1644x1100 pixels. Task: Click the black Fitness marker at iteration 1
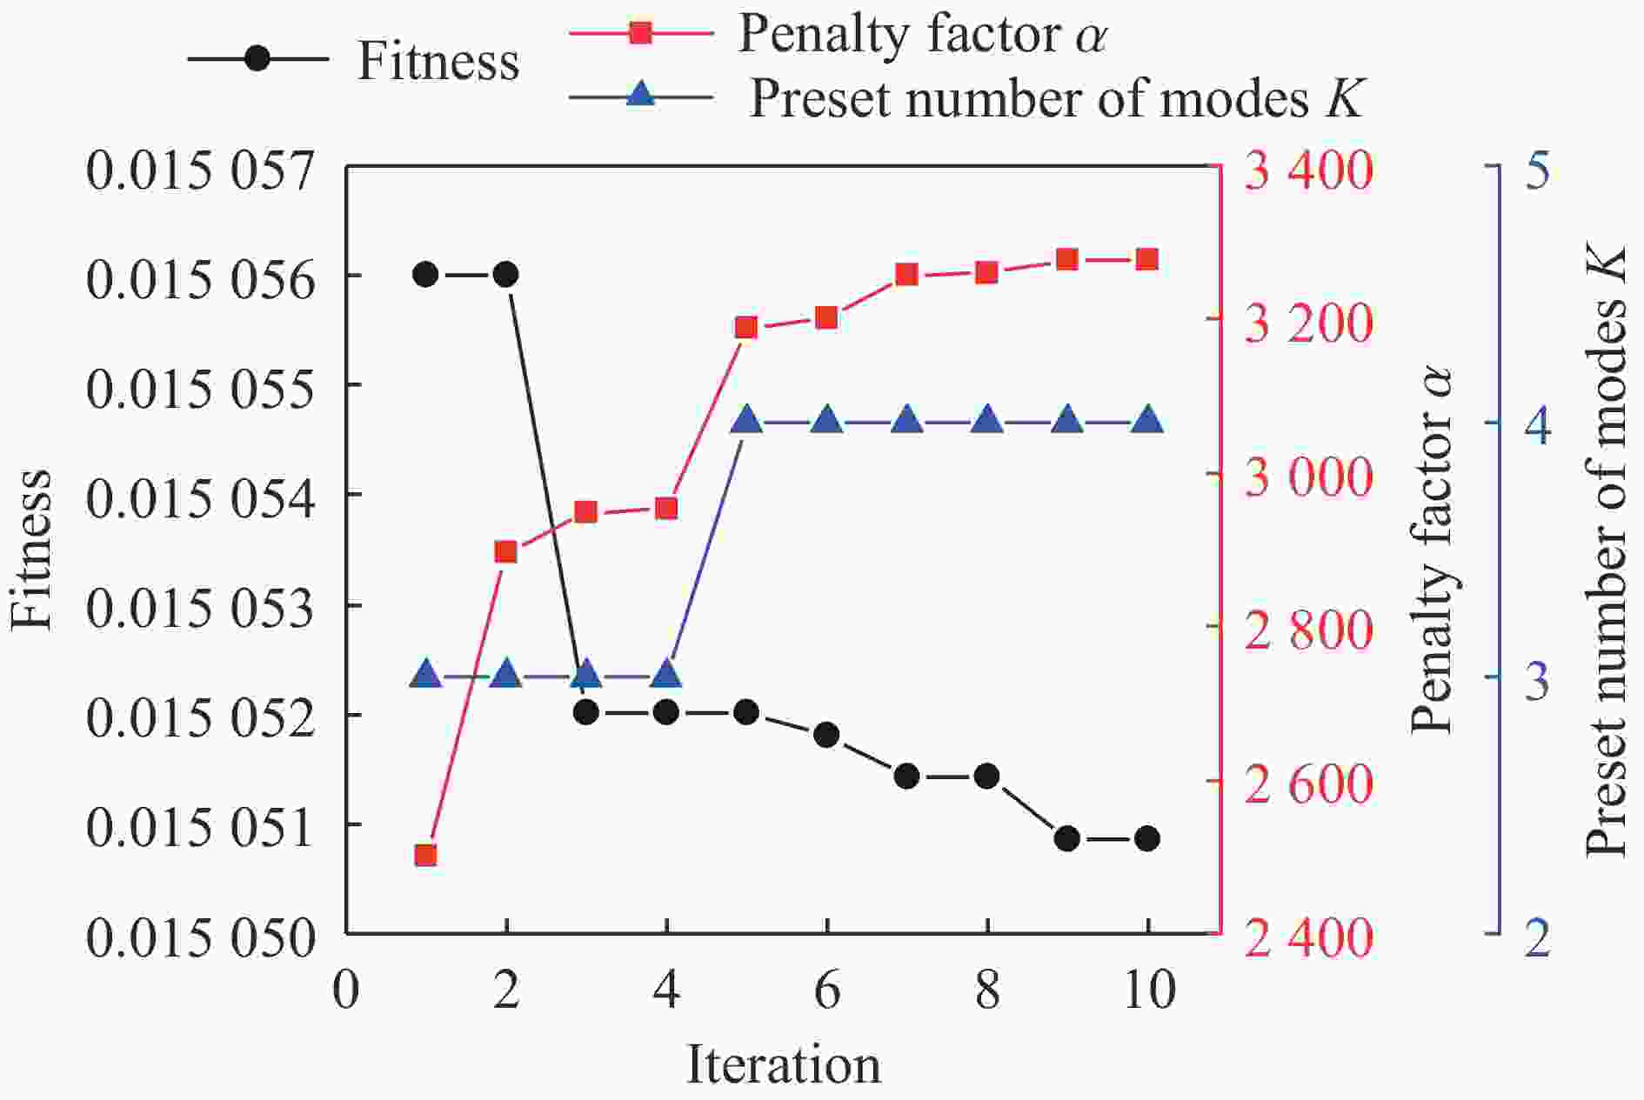(x=425, y=275)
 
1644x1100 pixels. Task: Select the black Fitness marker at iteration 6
(x=826, y=735)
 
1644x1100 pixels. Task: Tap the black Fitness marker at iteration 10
(x=1146, y=838)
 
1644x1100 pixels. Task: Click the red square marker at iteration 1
(x=425, y=856)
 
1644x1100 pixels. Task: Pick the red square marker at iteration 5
(x=746, y=328)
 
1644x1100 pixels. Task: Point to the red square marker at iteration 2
(x=505, y=552)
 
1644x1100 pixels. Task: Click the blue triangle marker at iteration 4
(x=666, y=674)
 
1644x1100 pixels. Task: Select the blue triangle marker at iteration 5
(x=746, y=421)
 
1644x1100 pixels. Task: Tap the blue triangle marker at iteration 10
(x=1146, y=421)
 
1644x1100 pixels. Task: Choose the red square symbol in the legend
(x=641, y=34)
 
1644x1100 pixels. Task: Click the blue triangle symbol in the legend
(x=641, y=94)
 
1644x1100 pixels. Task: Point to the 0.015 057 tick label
(x=200, y=170)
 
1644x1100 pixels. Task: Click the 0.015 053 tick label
(x=200, y=608)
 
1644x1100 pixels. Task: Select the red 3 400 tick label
(x=1308, y=170)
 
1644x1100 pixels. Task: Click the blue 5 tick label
(x=1537, y=170)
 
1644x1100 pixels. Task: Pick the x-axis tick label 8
(x=987, y=990)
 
